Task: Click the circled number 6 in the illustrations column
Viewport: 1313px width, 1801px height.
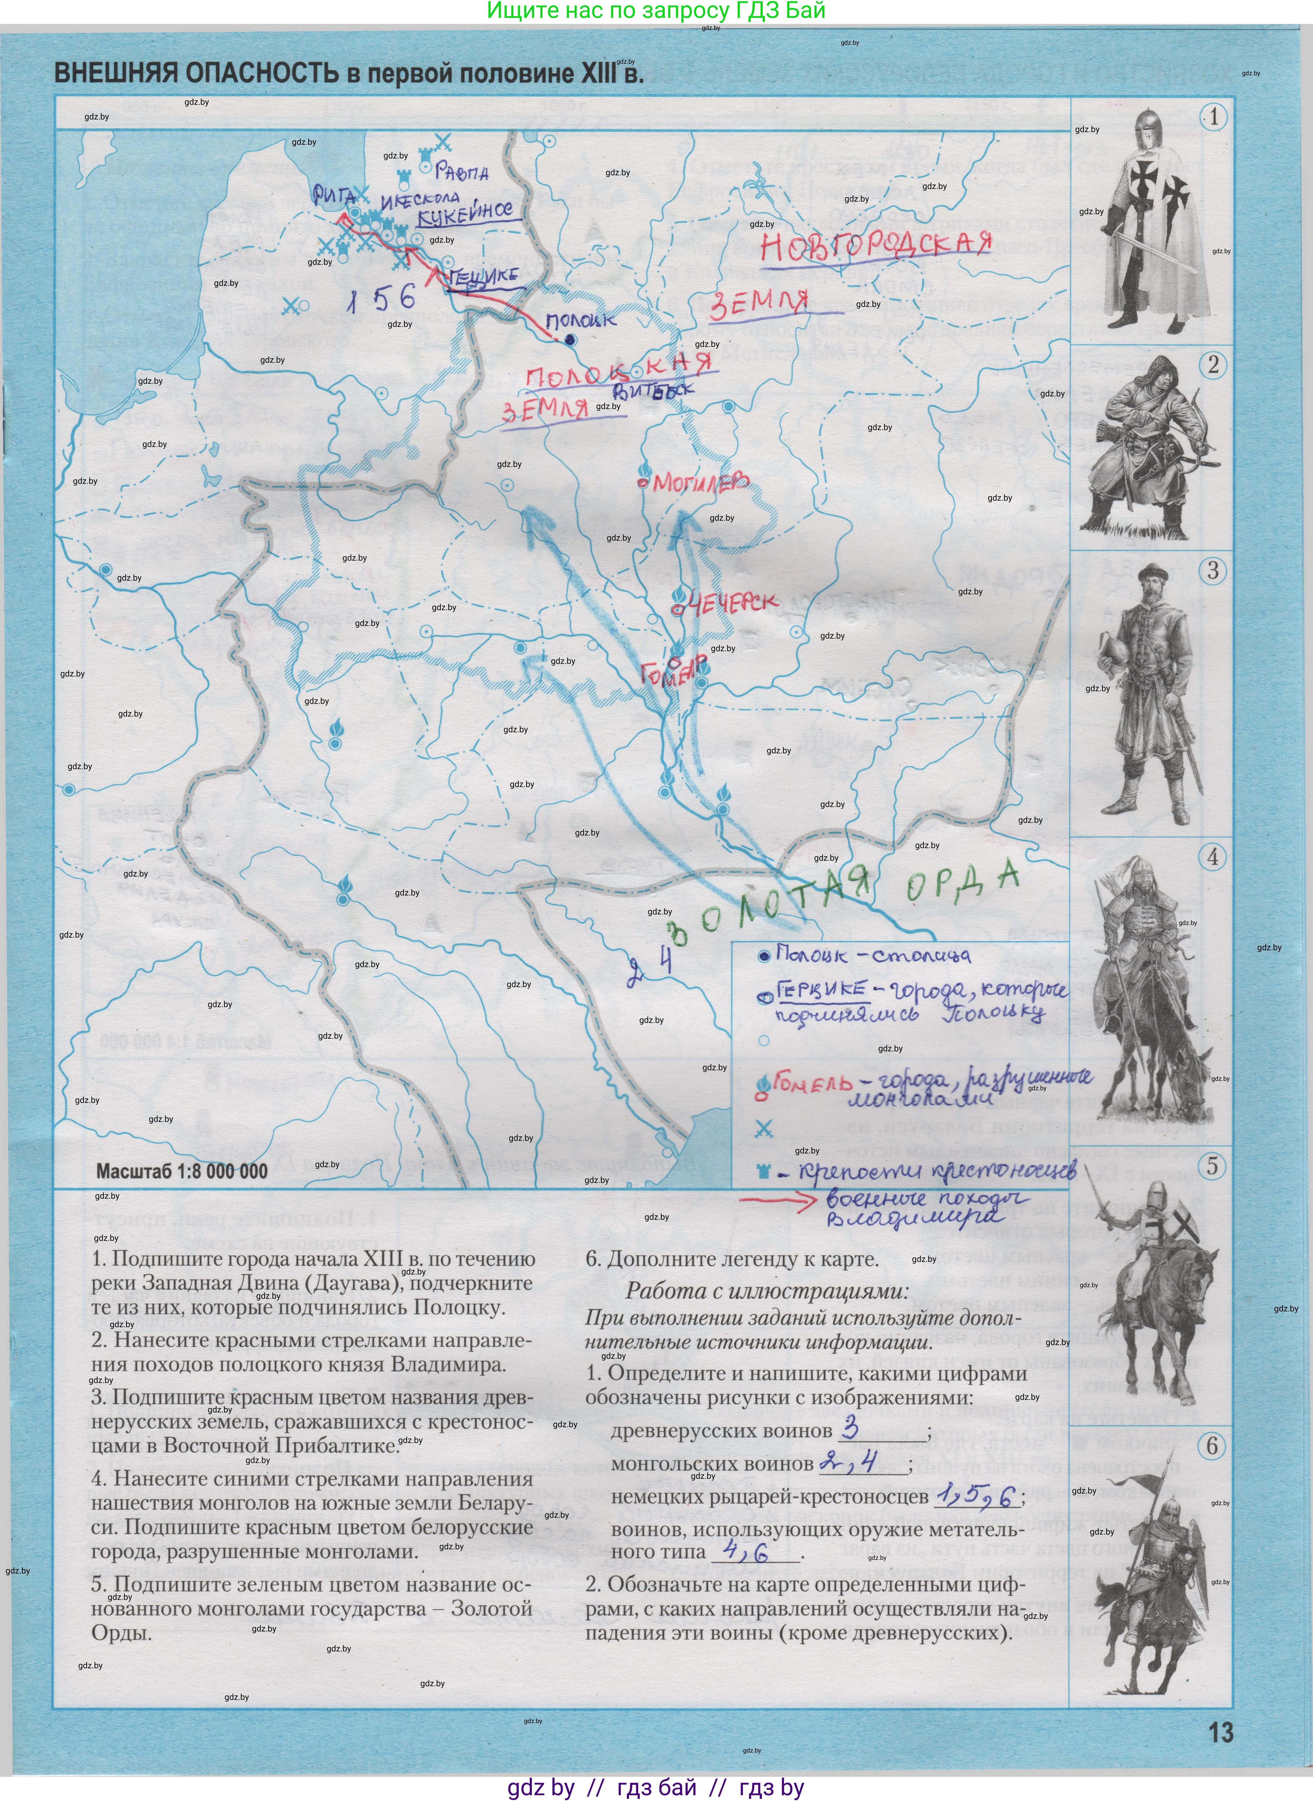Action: pyautogui.click(x=1212, y=1445)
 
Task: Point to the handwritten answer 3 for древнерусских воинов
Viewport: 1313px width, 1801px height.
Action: pyautogui.click(x=850, y=1428)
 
